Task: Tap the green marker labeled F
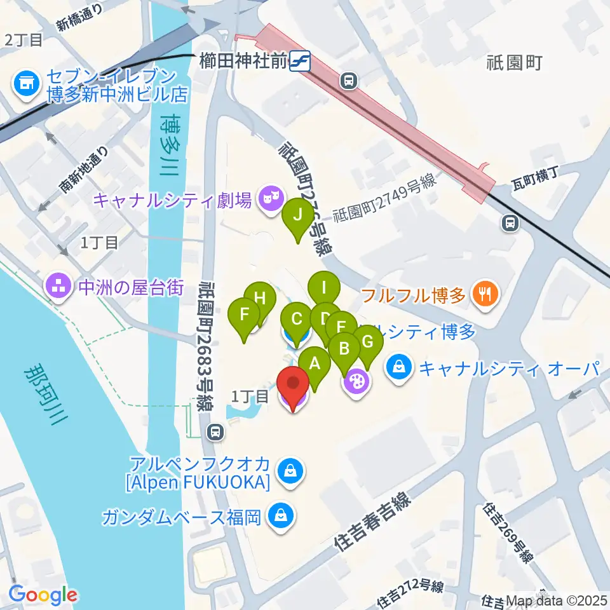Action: (x=243, y=315)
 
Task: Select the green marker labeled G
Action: (x=367, y=342)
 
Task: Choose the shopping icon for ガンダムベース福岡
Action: (x=280, y=515)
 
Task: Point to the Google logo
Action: (x=43, y=595)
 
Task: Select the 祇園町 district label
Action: (x=513, y=62)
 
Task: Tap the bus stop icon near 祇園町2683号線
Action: (x=215, y=432)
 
